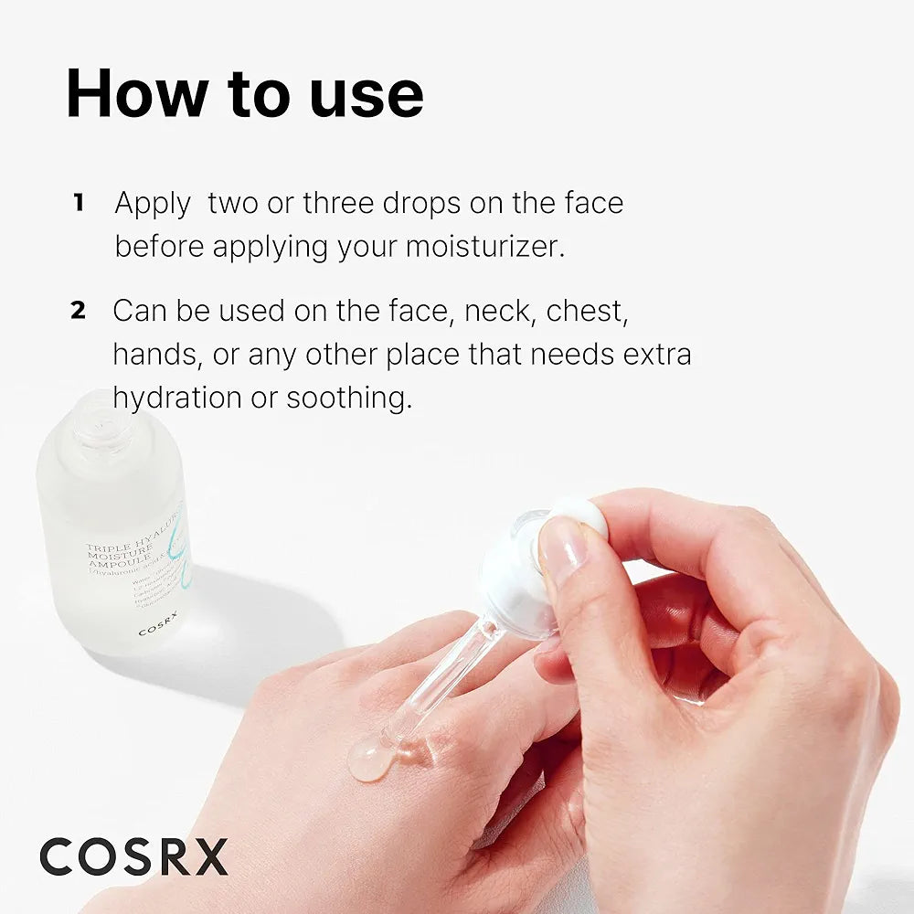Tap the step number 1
click(79, 203)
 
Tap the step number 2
click(79, 311)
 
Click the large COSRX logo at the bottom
click(133, 857)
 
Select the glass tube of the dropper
click(439, 676)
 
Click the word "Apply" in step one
click(153, 203)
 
